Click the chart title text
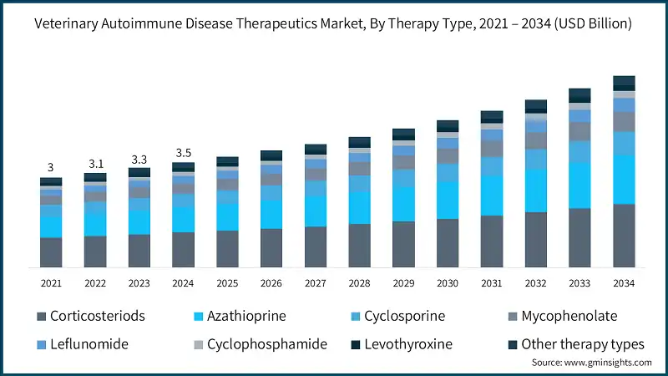[x=333, y=25]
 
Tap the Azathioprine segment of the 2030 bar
[x=448, y=201]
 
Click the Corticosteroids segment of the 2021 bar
[x=51, y=252]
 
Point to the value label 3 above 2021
[x=51, y=167]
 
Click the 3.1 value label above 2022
[x=95, y=163]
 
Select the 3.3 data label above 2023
[x=139, y=159]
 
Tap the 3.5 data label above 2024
[x=183, y=153]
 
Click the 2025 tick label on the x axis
[x=227, y=283]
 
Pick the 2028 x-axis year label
[x=359, y=283]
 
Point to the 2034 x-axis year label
[x=624, y=283]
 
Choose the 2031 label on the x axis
[x=492, y=283]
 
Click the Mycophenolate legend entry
[x=569, y=317]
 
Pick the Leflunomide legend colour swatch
[x=41, y=344]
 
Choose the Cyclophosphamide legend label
[x=266, y=344]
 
